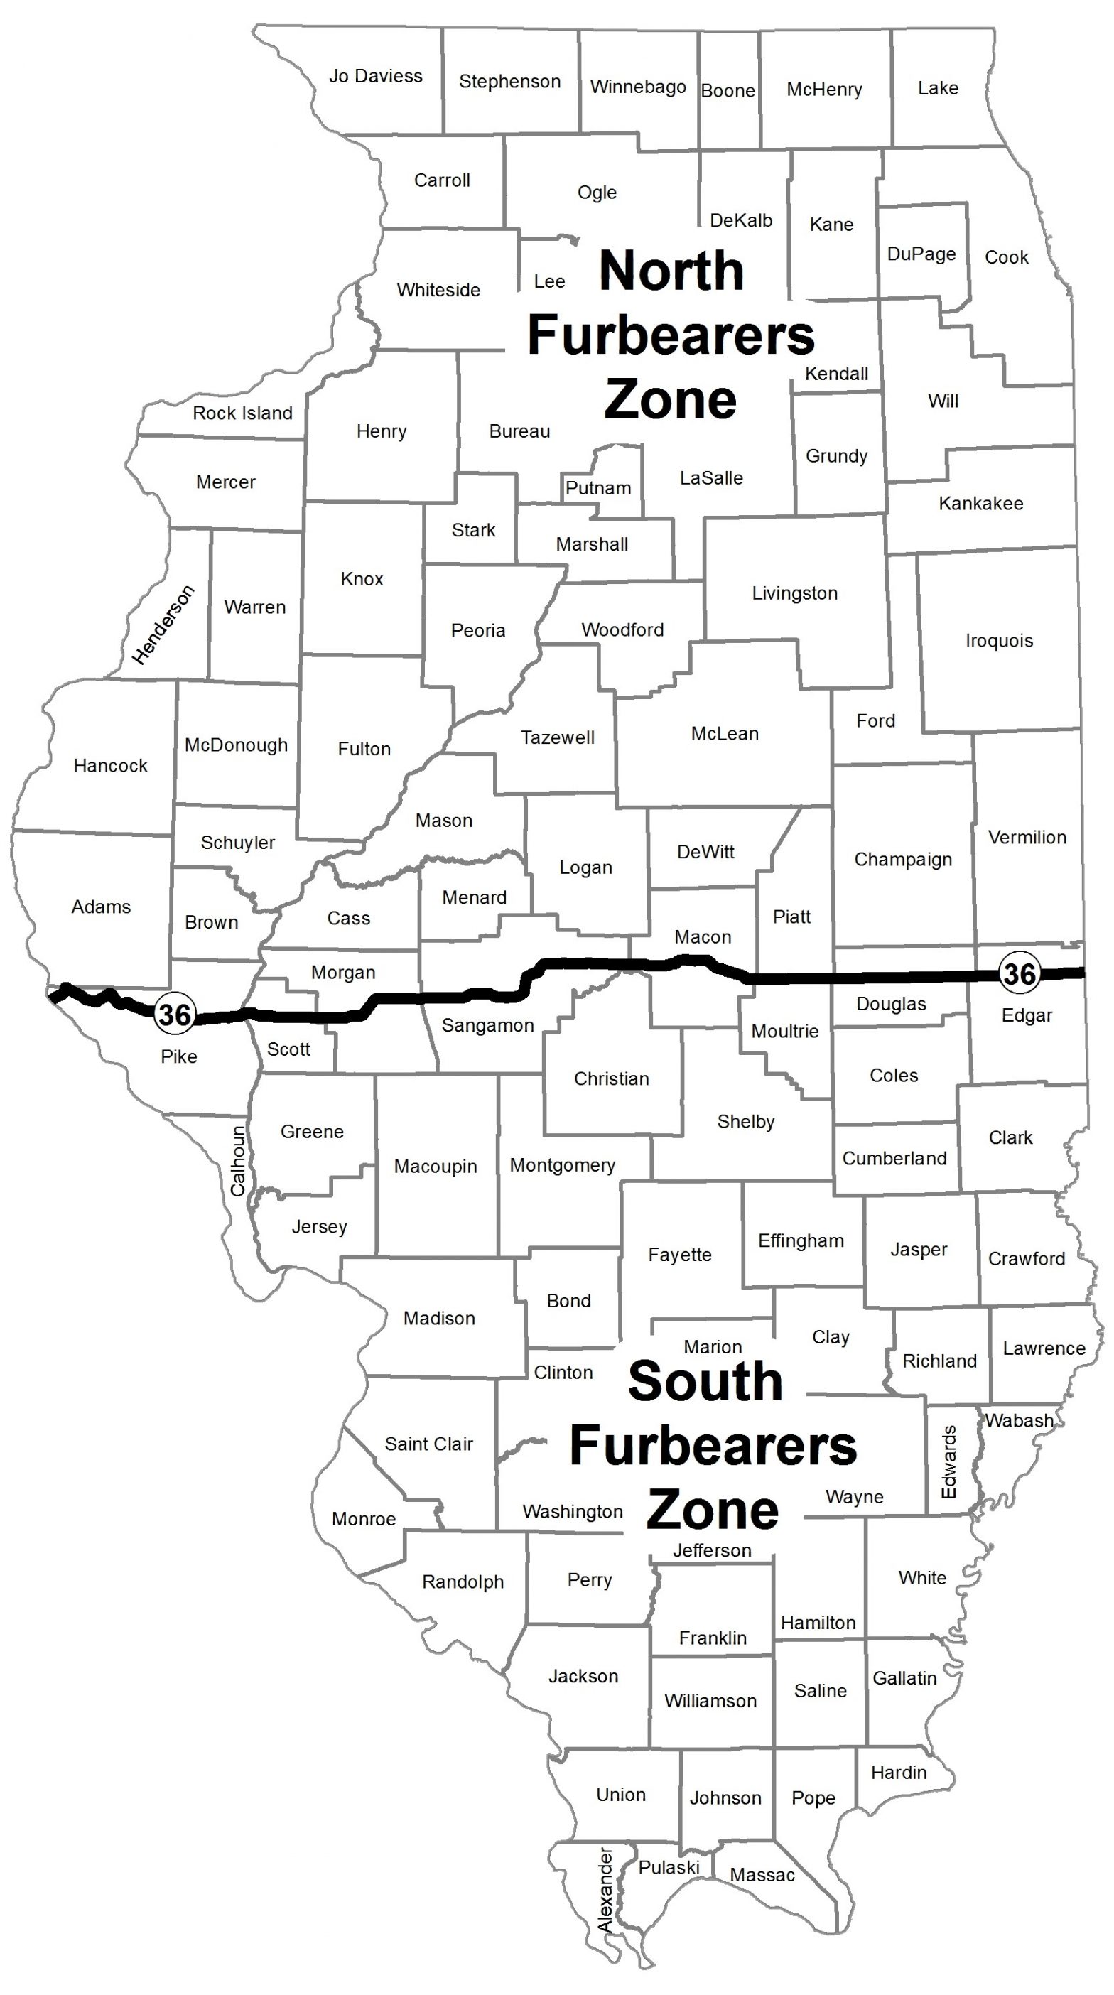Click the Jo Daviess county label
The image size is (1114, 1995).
[376, 76]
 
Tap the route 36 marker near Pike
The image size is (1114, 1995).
[173, 1014]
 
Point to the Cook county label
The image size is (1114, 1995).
[1006, 257]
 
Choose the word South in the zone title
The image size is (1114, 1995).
[705, 1382]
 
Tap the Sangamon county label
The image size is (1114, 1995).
[487, 1025]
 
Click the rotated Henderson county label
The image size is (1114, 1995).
[163, 625]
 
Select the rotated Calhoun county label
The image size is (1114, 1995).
[238, 1160]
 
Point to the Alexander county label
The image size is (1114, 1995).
[606, 1889]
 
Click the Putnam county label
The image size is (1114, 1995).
[598, 488]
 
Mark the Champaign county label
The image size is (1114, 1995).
[902, 859]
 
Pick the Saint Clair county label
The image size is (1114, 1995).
[428, 1444]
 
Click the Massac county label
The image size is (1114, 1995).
[762, 1875]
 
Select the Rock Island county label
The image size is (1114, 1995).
[242, 413]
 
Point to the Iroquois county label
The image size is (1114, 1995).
[999, 640]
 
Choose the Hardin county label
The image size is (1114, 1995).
[898, 1773]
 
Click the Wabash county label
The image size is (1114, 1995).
[1019, 1420]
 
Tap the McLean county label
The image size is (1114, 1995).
[725, 733]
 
